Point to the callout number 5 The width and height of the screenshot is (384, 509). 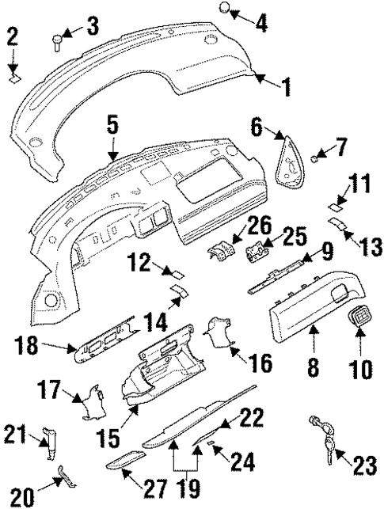point(112,123)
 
